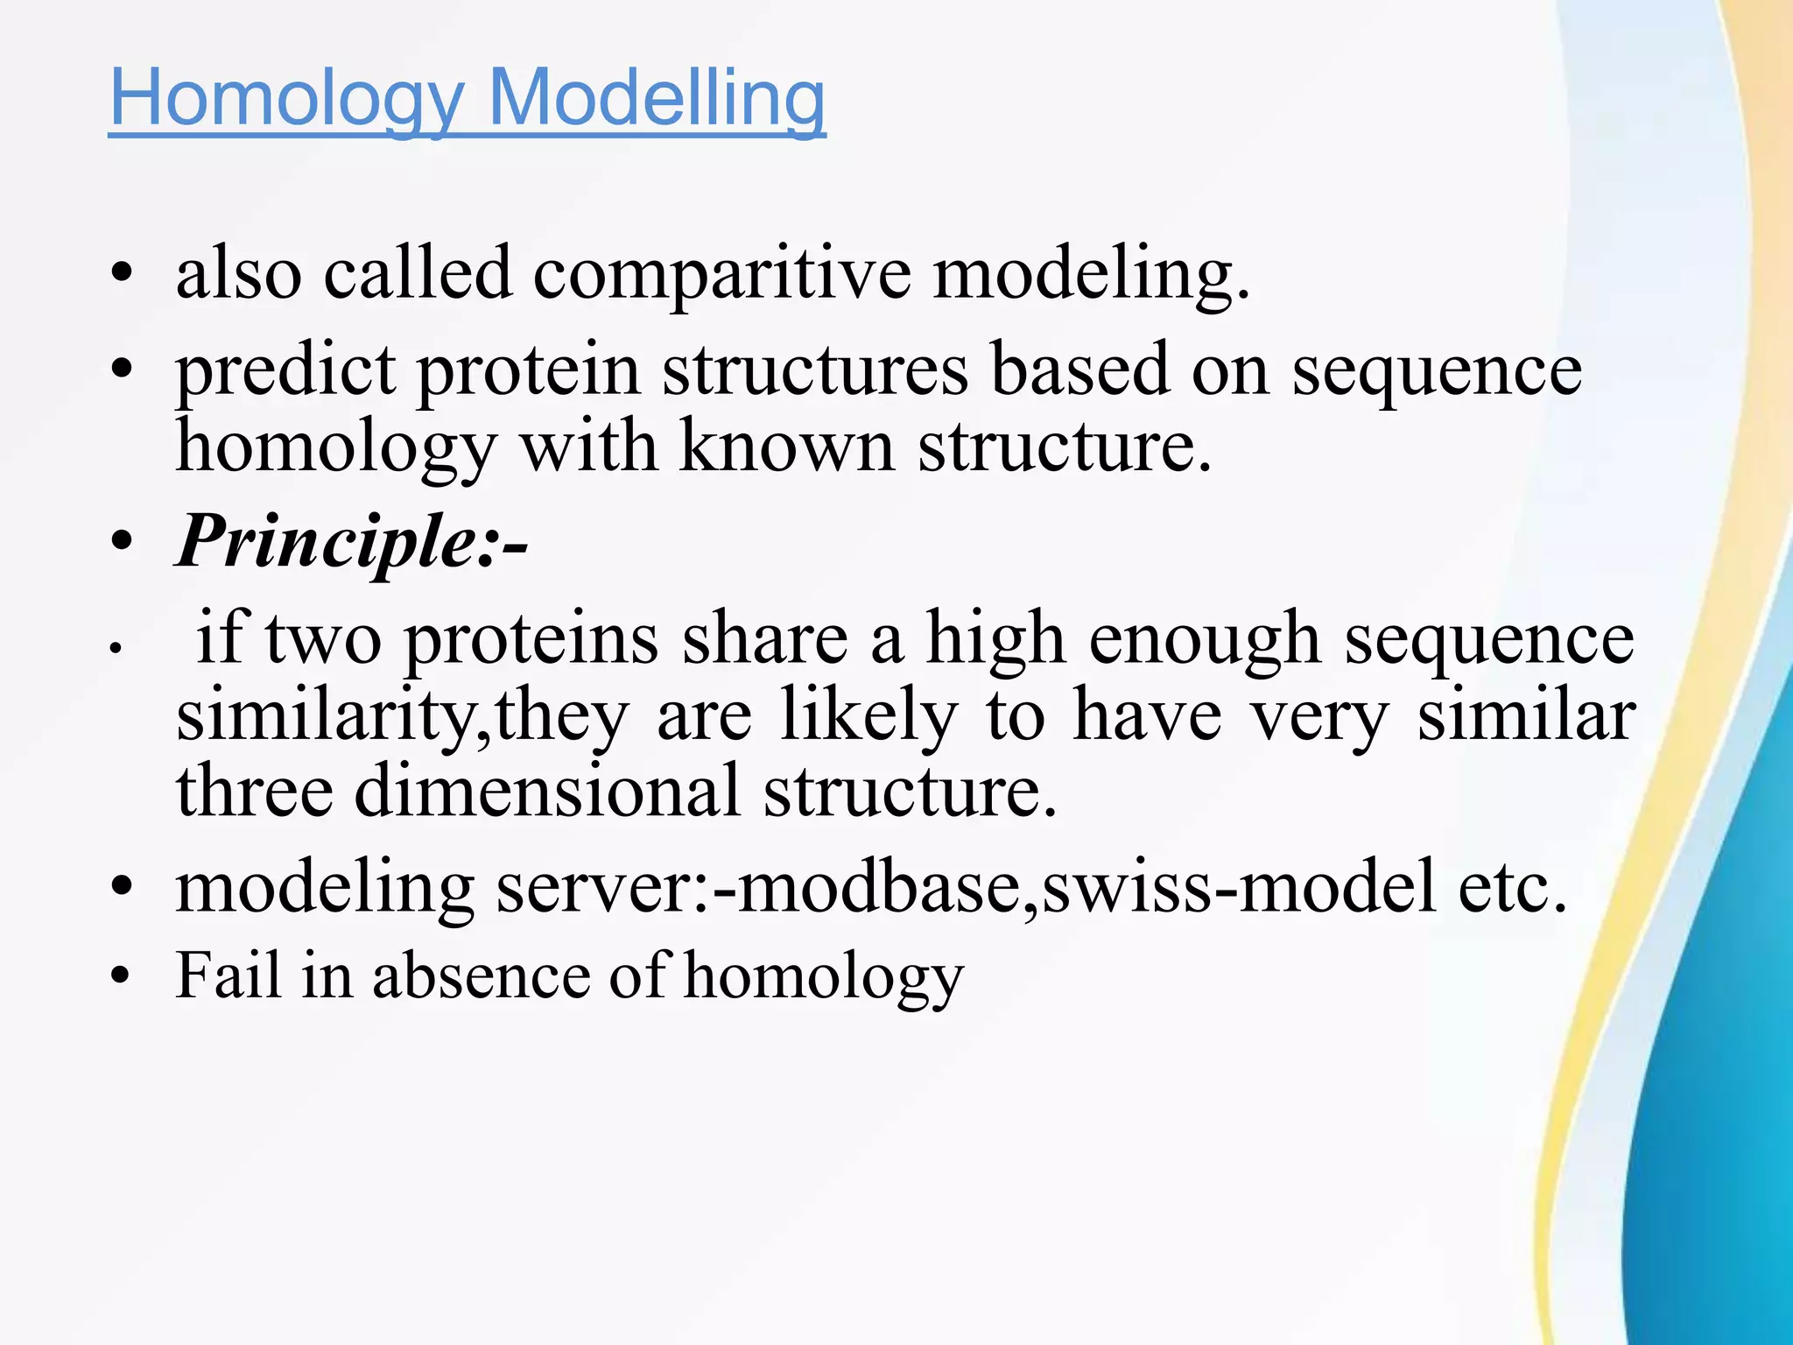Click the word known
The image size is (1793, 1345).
[787, 447]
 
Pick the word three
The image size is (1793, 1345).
[255, 791]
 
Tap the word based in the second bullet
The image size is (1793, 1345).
[1079, 371]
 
